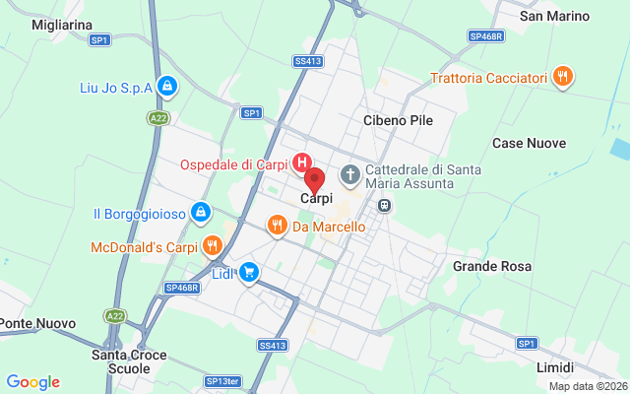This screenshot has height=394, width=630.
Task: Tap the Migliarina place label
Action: tap(61, 24)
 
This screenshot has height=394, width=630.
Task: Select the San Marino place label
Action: tap(554, 16)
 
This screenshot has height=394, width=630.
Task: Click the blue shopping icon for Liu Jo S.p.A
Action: tap(167, 87)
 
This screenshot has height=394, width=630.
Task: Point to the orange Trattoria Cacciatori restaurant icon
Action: tap(563, 77)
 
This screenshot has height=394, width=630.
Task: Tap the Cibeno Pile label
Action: tap(398, 120)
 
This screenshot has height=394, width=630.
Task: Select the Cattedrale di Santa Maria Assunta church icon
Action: tap(349, 174)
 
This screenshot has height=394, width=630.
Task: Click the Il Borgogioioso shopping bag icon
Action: tap(200, 212)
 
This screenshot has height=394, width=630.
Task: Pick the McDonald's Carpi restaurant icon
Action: tap(212, 246)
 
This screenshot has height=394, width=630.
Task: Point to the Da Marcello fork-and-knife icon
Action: tap(278, 227)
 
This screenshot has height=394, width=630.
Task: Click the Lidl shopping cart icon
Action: tap(250, 272)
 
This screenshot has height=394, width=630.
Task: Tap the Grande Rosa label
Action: tap(492, 266)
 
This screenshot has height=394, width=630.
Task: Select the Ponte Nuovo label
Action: tap(30, 323)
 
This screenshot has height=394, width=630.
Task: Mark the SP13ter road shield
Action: tap(222, 380)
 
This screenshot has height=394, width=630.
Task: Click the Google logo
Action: tap(32, 382)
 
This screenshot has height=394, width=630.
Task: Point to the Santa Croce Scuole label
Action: tap(129, 361)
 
